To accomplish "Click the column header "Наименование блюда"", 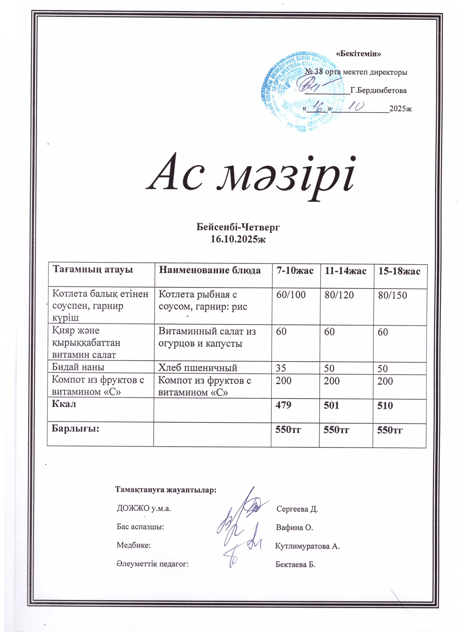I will click(x=210, y=271).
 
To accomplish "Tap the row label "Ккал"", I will click(x=64, y=404).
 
